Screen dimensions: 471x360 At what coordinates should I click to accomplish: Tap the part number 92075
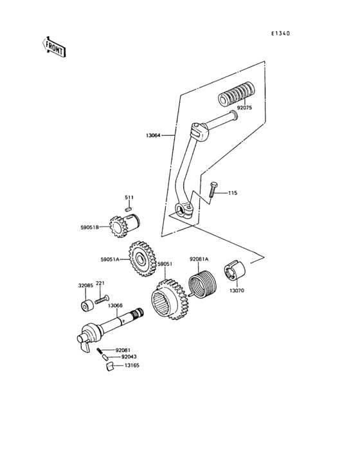point(244,109)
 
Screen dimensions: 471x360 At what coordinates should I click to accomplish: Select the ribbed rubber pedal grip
point(236,93)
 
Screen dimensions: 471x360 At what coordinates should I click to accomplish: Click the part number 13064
point(154,136)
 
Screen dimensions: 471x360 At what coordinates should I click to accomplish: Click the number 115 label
point(232,193)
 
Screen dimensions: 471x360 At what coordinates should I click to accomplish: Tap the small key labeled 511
point(129,208)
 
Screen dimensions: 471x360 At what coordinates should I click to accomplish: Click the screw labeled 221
point(101,299)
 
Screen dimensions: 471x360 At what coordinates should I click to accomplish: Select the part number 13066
point(116,306)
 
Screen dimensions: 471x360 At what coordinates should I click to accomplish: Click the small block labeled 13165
point(109,366)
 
